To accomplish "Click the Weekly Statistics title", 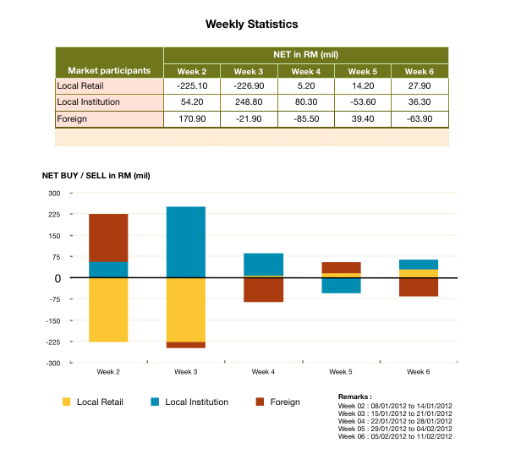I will click(x=251, y=25).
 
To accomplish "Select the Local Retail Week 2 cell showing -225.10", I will click(x=192, y=85).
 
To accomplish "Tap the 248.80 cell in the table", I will click(x=249, y=101).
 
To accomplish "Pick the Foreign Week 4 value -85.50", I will click(x=305, y=118).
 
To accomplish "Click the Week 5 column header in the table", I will click(x=362, y=71).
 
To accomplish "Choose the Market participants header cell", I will click(x=109, y=70).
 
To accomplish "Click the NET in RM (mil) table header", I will click(x=305, y=54).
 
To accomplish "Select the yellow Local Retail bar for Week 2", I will click(x=108, y=309).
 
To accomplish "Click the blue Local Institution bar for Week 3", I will click(x=186, y=242).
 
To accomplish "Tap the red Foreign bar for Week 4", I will click(x=263, y=289).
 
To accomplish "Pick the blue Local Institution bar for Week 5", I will click(x=341, y=285).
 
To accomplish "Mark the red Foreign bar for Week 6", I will click(x=419, y=287).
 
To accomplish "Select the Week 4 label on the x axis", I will click(x=263, y=371).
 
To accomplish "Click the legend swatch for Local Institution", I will click(x=155, y=402).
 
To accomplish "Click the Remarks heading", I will click(x=354, y=396).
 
